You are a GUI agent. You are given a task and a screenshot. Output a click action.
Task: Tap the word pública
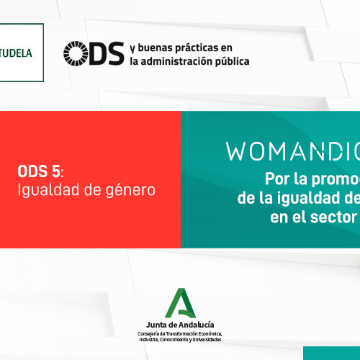(232, 61)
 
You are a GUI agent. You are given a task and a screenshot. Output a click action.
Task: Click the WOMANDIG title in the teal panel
(292, 152)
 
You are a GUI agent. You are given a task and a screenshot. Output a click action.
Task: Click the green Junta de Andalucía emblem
(179, 304)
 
